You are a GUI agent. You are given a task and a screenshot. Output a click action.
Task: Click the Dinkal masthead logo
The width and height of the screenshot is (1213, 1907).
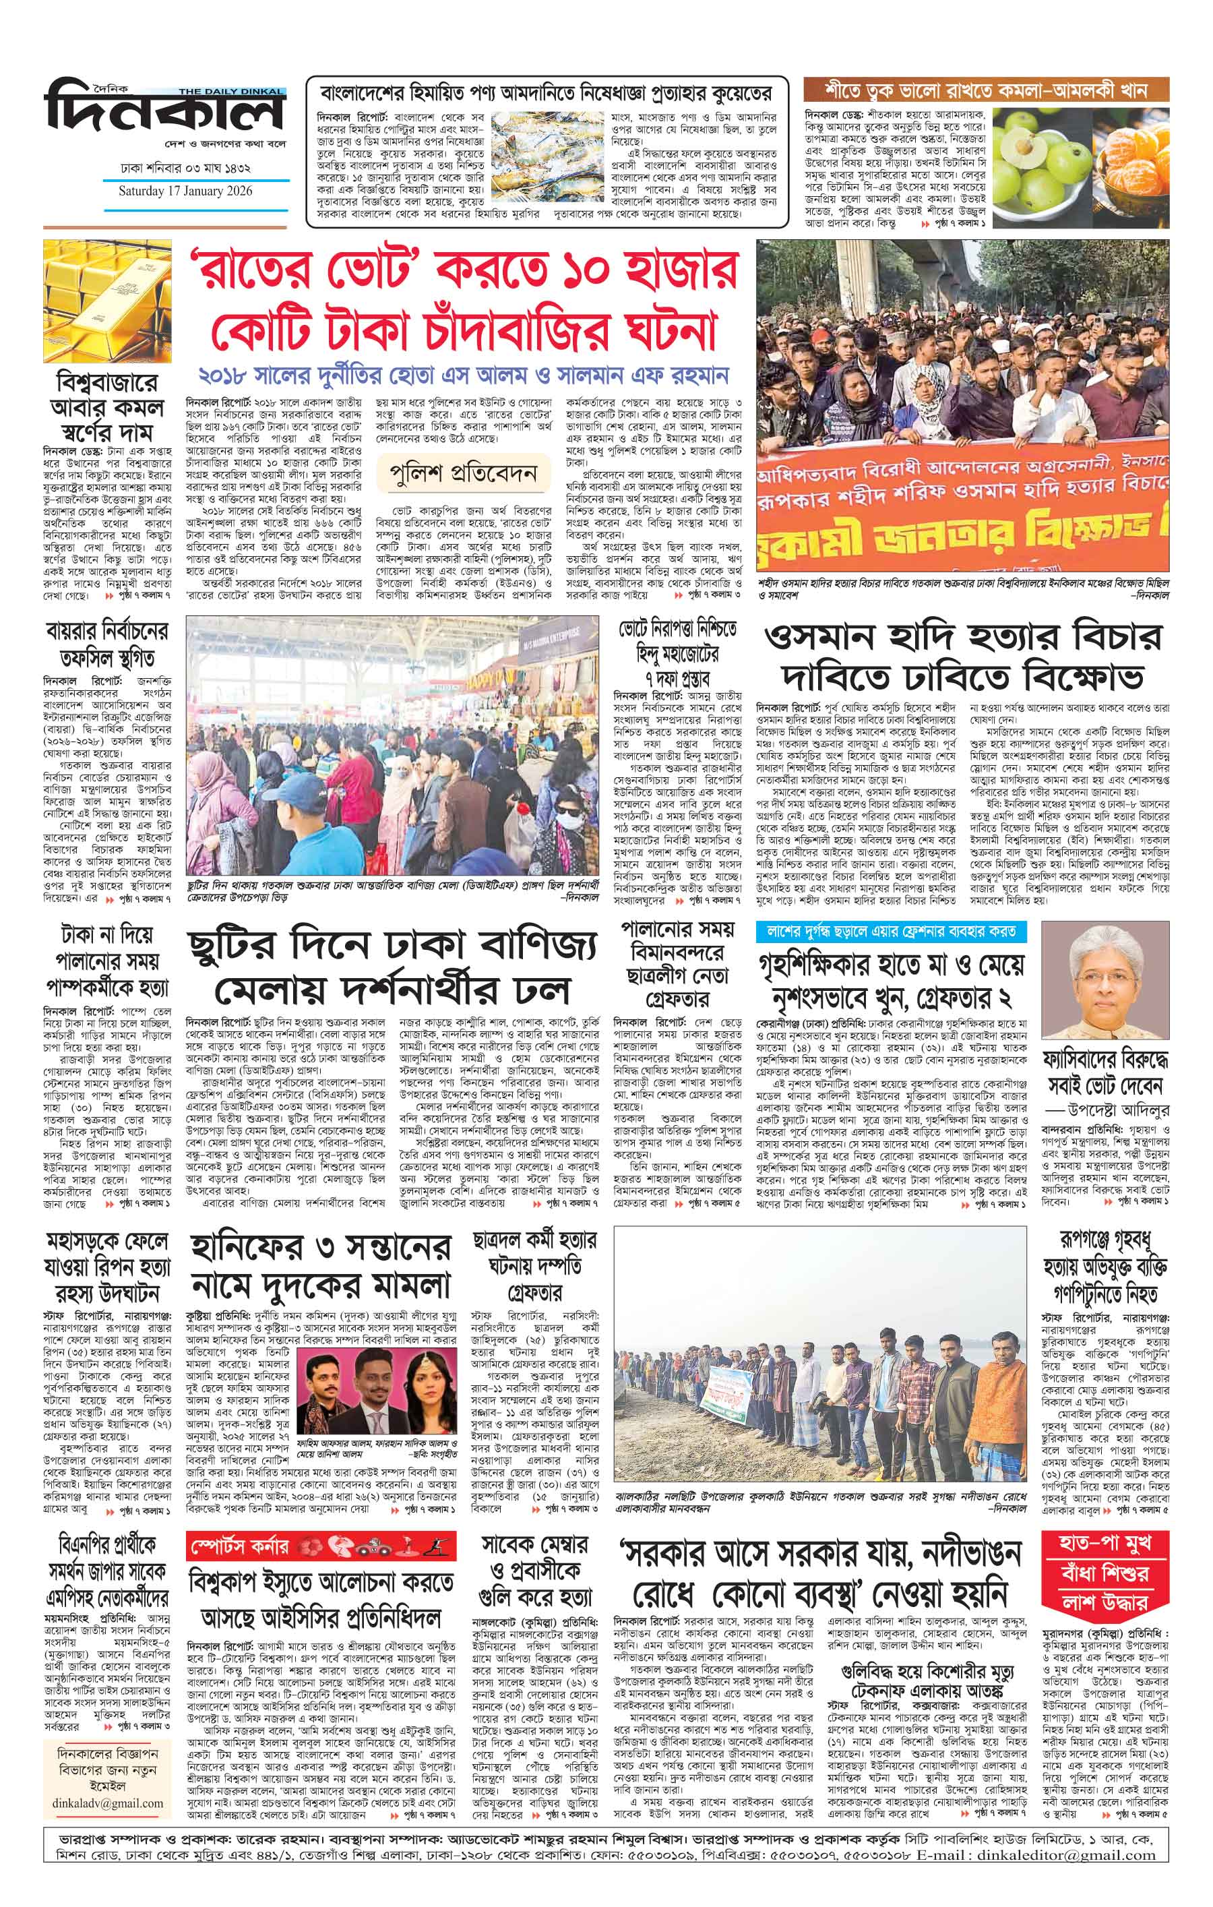[x=164, y=113]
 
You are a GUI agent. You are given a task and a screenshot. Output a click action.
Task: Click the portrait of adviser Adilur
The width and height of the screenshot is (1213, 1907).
[x=1105, y=981]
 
